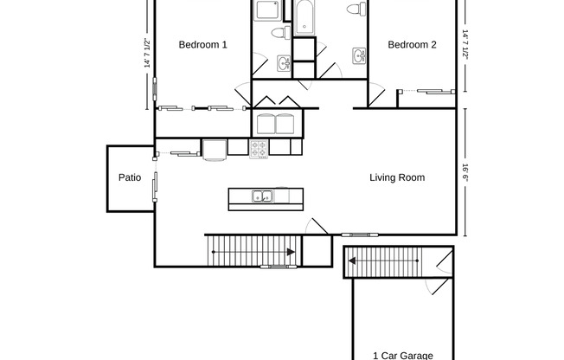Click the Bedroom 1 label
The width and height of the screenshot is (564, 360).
pos(202,45)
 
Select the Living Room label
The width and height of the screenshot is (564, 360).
pos(397,178)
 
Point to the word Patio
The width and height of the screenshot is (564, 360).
pos(130,178)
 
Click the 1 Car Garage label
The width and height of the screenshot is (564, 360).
pos(402,355)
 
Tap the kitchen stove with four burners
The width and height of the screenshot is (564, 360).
pos(259,148)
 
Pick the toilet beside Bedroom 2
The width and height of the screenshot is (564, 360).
pos(353,10)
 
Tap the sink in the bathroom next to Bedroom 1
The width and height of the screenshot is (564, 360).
pos(283,63)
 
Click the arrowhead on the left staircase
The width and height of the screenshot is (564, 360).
pos(289,253)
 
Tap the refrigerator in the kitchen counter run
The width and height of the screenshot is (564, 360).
pos(215,149)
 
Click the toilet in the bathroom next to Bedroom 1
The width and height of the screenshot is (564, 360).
pos(279,33)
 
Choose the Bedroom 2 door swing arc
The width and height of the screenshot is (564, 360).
pos(377,95)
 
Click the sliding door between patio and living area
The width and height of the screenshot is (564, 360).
pos(155,186)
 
